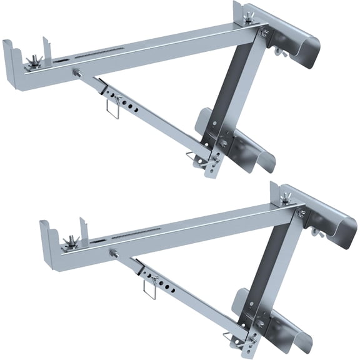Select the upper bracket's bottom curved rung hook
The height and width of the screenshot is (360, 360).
coord(250,150)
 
